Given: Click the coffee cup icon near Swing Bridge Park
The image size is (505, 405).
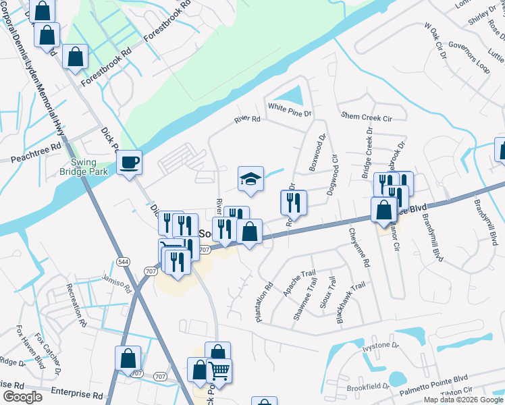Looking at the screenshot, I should pos(128,163).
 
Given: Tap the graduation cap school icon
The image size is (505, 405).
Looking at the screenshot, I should pos(250,179).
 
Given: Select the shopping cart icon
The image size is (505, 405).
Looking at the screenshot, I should pos(218,371).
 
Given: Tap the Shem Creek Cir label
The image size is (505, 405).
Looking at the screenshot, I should pos(367,117).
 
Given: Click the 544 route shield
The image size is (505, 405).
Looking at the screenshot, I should pos(122,261).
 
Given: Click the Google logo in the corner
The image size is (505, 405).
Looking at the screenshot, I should pos(23,397).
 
